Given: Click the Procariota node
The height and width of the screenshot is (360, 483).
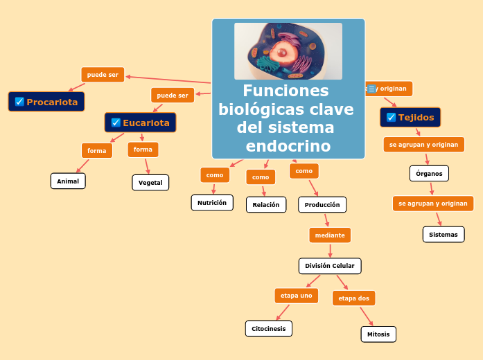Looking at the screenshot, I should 46,102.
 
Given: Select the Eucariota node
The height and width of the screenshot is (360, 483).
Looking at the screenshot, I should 141,123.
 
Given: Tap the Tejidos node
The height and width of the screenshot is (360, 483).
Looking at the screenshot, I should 410,117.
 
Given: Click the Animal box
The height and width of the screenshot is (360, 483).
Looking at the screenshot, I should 68,181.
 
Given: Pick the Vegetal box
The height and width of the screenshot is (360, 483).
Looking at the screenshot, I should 150,183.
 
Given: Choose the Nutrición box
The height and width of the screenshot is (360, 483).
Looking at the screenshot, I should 212,203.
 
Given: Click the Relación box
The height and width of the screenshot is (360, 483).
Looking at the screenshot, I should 266,205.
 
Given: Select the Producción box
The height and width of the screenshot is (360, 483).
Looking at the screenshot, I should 322,205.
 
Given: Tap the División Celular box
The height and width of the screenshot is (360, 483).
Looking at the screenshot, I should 330,266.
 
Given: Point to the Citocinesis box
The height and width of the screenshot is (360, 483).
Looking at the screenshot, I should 269,329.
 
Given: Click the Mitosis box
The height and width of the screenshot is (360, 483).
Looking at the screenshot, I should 378,334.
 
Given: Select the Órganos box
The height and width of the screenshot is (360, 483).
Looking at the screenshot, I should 429,173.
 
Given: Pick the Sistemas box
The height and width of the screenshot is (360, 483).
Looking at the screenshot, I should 444,235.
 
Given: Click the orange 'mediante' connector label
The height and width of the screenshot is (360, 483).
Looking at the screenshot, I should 330,235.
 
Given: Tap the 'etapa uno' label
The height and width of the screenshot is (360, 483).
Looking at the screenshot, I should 297,296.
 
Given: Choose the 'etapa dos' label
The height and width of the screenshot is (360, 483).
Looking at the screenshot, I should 354,298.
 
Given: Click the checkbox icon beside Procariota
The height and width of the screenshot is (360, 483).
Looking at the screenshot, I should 19,102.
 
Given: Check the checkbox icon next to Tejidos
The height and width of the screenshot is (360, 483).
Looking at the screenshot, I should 391,117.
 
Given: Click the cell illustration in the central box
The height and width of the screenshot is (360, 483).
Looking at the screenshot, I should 288,51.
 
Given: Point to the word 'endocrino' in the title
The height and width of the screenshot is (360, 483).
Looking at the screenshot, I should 288,146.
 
